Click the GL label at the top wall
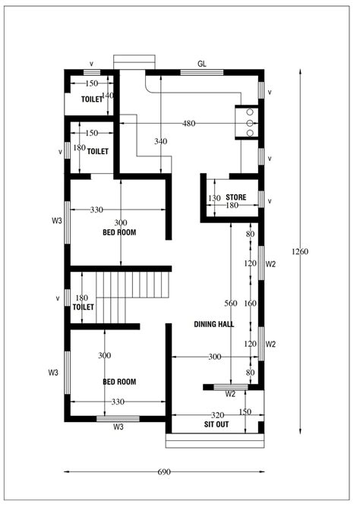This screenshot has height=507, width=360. click(202, 64)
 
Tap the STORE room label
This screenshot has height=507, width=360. click(235, 197)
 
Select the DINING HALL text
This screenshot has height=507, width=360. click(213, 324)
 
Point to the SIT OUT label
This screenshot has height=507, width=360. click(216, 425)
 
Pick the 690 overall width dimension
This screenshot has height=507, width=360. click(163, 472)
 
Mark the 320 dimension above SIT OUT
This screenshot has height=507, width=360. click(216, 415)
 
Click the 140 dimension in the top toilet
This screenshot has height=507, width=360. click(107, 96)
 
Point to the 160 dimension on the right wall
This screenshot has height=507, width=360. click(250, 304)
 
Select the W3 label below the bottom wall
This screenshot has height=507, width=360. click(118, 428)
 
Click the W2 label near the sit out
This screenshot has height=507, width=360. click(230, 395)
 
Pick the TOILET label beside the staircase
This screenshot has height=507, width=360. click(83, 307)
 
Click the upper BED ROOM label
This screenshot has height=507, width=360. click(119, 233)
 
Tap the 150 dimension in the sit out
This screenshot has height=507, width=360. click(245, 412)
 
